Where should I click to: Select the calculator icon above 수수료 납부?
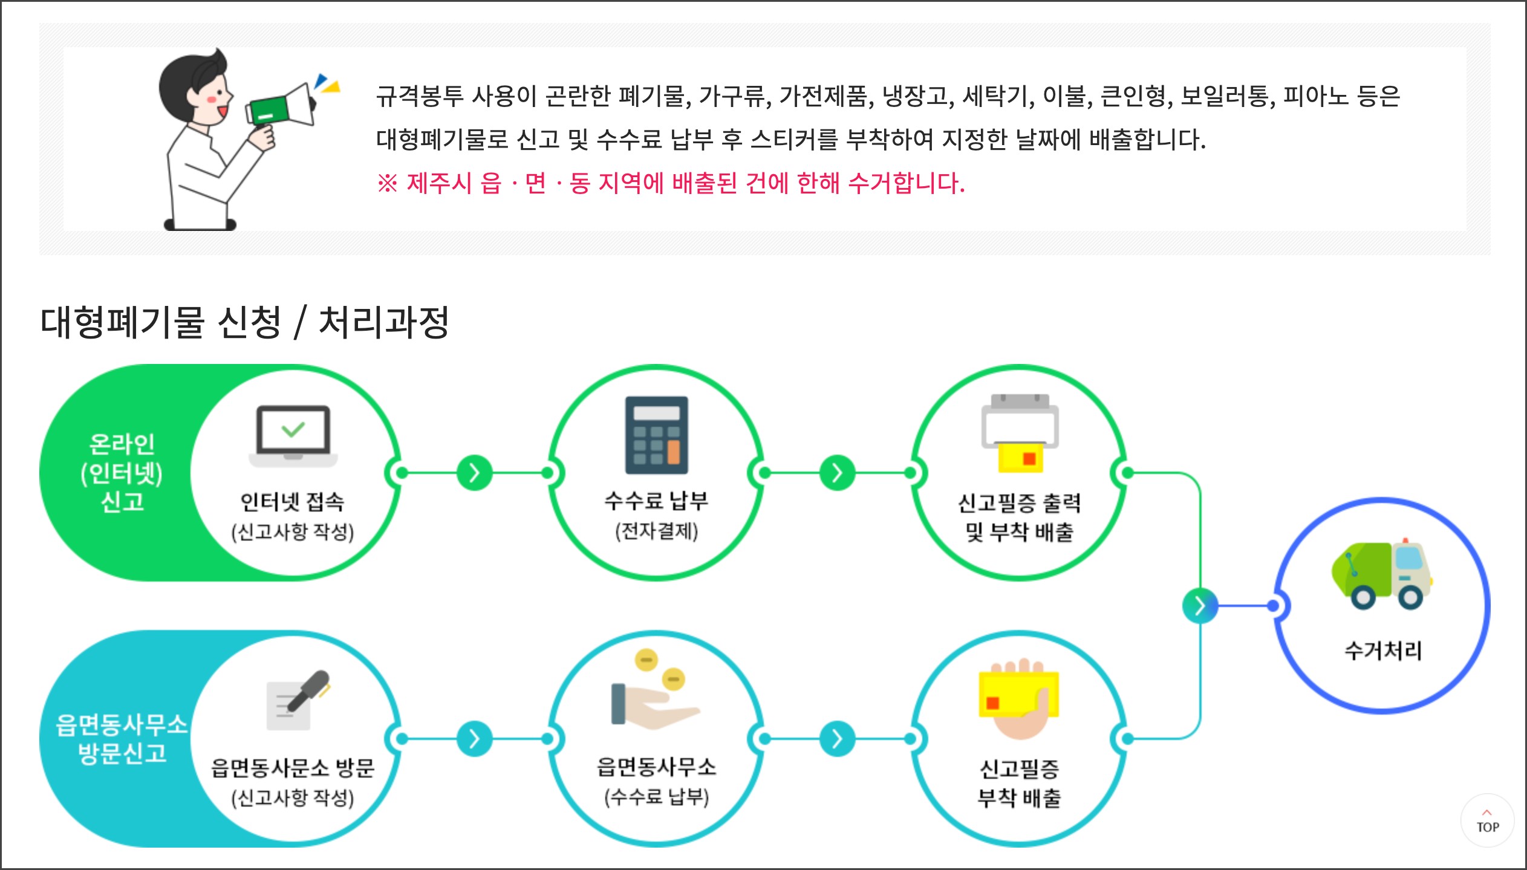pos(656,435)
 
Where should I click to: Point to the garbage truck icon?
pos(1382,574)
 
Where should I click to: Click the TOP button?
pos(1487,821)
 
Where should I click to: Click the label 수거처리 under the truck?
pos(1382,651)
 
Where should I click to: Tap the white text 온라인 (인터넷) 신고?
pos(122,473)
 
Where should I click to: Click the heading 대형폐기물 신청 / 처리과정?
pos(244,322)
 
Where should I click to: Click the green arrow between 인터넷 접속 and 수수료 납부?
pos(475,473)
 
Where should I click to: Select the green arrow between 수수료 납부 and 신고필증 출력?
pos(838,473)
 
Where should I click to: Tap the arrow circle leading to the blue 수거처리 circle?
pos(1200,605)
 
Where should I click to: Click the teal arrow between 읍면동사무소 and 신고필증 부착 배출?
pos(838,739)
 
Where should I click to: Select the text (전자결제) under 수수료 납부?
pos(656,531)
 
